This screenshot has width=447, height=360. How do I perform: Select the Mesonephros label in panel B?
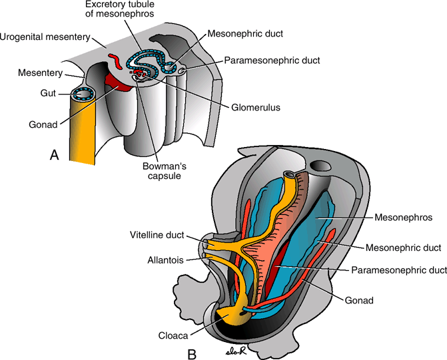click(402, 217)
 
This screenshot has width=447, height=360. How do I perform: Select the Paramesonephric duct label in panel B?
click(398, 270)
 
